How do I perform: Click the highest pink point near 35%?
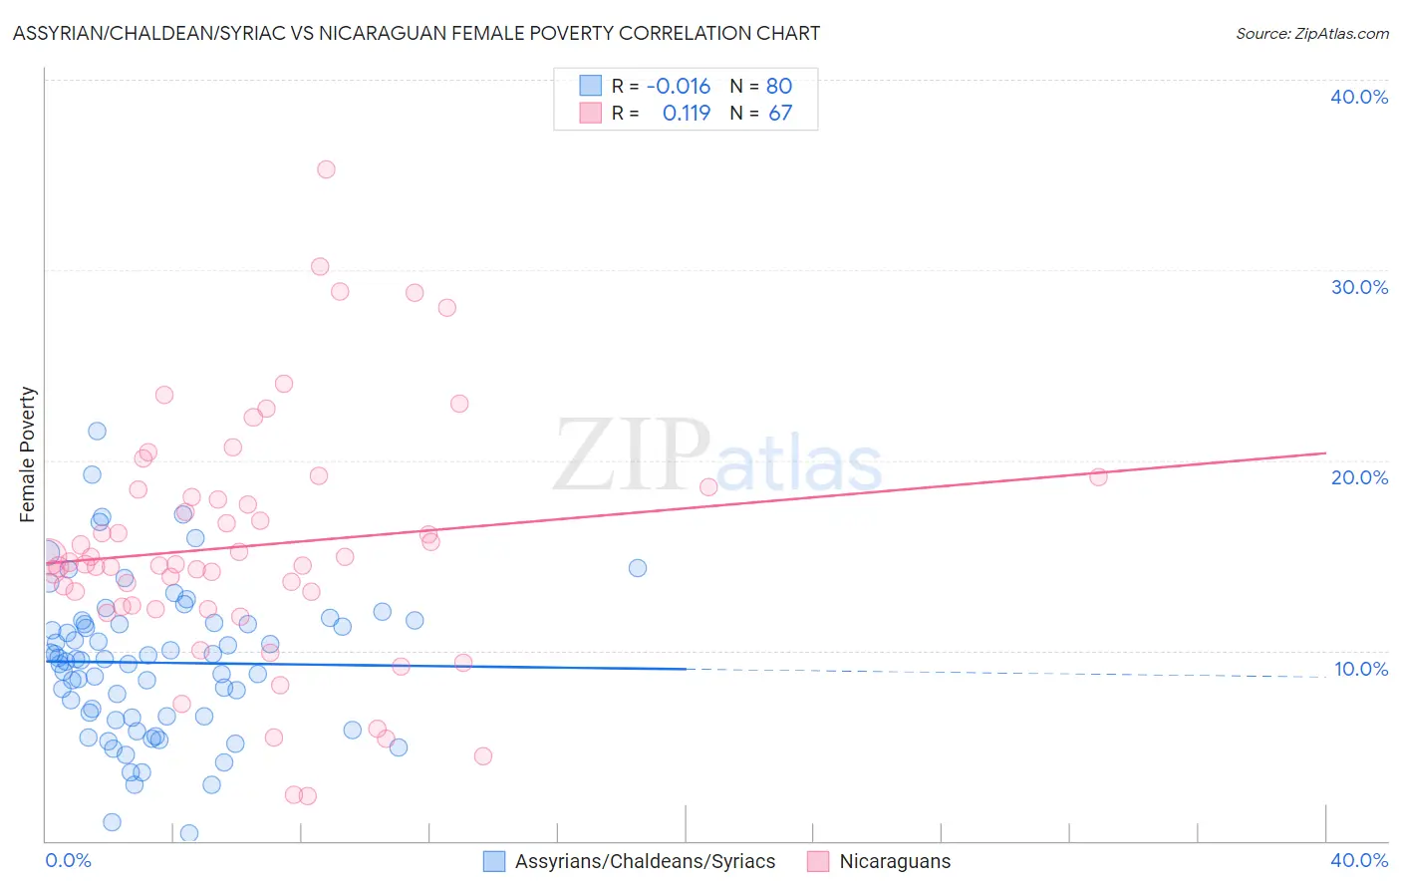326,169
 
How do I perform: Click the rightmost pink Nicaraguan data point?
1098,476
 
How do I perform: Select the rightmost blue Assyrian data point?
638,568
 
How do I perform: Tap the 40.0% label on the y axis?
1359,97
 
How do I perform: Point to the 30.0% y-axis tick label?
1359,287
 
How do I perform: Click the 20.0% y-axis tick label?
1359,477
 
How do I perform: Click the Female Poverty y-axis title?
28,454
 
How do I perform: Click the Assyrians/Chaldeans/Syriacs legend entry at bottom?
644,862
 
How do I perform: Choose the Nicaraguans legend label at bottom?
894,862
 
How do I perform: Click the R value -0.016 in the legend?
679,87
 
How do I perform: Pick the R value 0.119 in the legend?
687,114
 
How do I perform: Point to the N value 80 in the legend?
779,87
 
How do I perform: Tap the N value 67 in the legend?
780,114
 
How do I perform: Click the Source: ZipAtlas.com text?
1311,34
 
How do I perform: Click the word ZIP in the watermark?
632,457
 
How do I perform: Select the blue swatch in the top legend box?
591,86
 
